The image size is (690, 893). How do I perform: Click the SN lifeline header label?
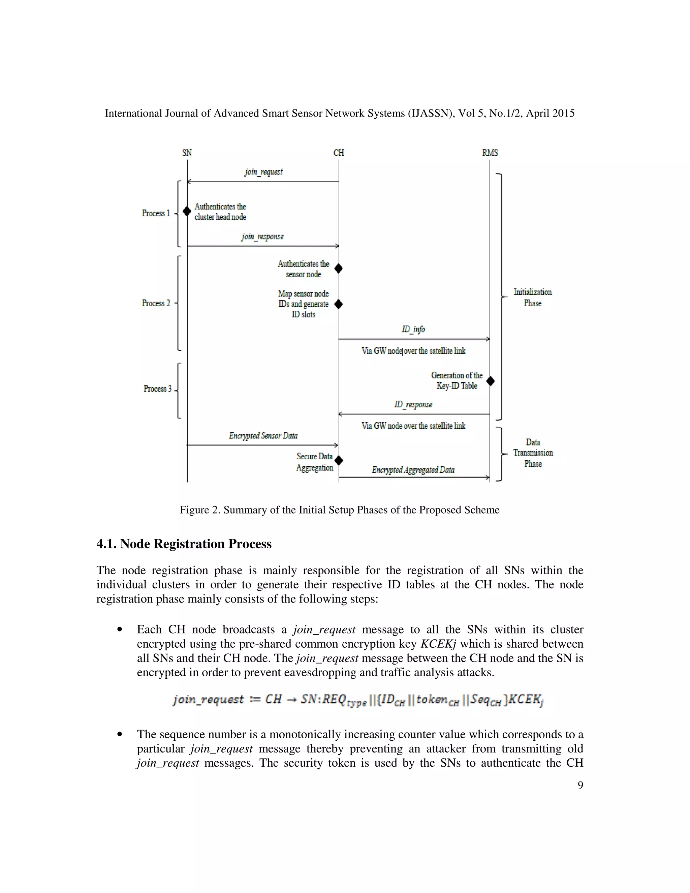187,153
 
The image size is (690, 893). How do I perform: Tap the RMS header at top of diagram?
490,153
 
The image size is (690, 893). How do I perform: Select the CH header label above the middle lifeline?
339,153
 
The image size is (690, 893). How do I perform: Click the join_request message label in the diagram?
264,172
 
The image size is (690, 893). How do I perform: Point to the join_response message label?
262,236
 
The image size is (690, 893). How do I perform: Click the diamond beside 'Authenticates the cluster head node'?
187,211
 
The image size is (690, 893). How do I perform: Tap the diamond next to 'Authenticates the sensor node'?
339,269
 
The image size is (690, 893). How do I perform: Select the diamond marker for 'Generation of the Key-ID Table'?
491,381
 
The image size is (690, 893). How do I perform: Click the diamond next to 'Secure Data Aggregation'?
339,461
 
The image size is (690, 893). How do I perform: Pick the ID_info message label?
413,329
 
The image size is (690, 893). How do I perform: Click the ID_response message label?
413,404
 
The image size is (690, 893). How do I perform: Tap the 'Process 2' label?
156,303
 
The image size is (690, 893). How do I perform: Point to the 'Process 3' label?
157,389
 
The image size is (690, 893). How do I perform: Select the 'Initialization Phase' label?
533,297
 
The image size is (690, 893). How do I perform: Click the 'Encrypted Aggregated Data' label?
413,470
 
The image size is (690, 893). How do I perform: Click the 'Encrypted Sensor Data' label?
263,435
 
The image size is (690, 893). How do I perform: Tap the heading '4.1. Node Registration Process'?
184,544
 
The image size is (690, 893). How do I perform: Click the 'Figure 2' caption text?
339,510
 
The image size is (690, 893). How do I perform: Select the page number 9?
580,785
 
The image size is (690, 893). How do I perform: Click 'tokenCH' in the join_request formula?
437,700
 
